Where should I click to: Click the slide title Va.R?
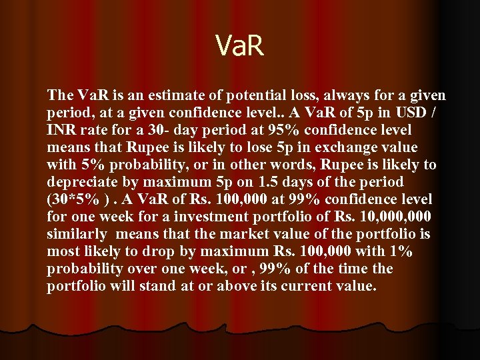pyautogui.click(x=240, y=46)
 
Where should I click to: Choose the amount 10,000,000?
pyautogui.click(x=394, y=217)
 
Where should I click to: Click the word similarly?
pyautogui.click(x=77, y=234)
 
